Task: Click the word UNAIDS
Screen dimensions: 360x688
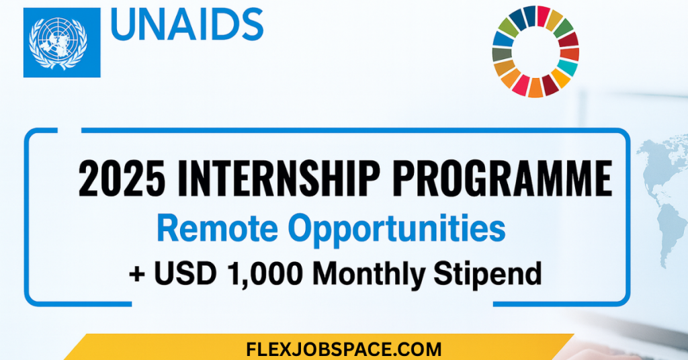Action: tap(186, 25)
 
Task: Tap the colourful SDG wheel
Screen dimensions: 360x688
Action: tap(535, 52)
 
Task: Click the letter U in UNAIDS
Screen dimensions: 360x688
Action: tap(124, 25)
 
